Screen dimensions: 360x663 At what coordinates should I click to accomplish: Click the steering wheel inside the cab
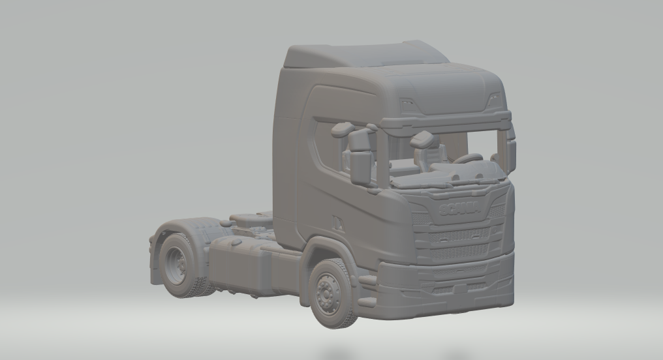click(x=468, y=158)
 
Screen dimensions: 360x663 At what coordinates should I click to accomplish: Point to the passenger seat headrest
click(x=423, y=139)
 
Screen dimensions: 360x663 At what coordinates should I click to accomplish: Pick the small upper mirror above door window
click(x=342, y=129)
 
